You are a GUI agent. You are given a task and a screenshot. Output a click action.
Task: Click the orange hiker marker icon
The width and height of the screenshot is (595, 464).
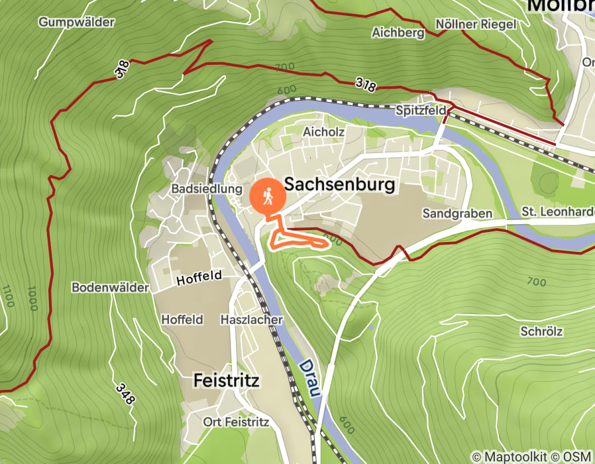268,196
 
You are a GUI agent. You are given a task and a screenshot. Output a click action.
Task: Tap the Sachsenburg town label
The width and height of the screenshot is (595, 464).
339,184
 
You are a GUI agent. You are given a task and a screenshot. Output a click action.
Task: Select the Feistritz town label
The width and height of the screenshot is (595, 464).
226,380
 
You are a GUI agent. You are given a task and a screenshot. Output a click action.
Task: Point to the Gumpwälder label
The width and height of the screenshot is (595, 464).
76,23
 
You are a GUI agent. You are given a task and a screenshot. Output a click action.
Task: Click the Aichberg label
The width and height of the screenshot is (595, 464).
398,32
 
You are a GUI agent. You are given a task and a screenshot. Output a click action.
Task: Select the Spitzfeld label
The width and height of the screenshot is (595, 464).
421,111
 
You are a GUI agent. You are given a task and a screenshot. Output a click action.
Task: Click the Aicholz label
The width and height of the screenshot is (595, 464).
323,132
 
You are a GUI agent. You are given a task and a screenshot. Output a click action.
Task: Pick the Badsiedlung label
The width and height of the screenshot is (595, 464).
207,189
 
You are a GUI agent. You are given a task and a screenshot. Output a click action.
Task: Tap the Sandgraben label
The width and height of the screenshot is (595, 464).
457,213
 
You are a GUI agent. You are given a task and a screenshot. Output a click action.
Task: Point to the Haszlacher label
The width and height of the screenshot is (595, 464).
251,319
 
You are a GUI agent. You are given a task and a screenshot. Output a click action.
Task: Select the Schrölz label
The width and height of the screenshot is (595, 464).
541,331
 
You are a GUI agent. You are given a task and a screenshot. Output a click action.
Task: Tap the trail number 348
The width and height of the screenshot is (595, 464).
125,394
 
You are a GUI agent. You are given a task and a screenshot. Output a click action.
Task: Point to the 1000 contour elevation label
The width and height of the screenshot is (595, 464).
32,299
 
